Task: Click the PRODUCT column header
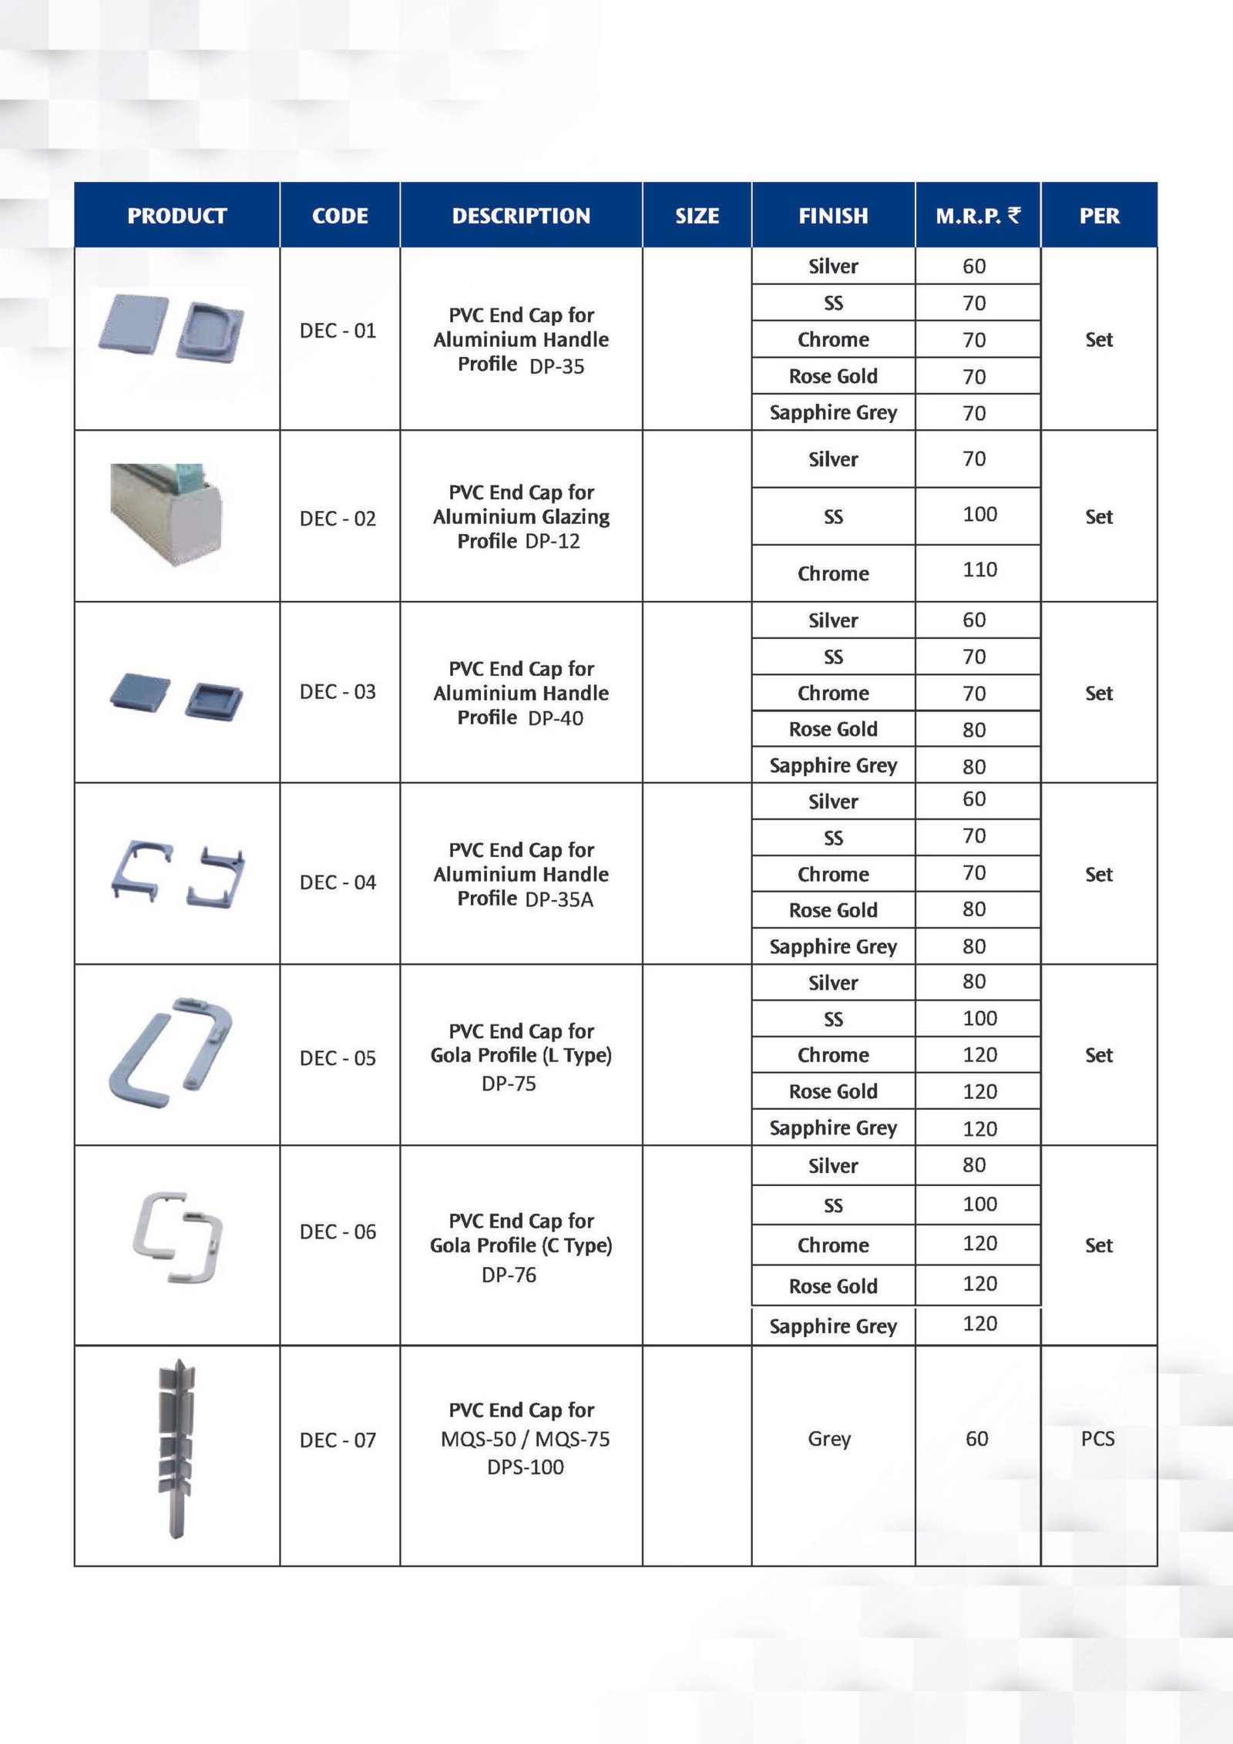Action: coord(176,216)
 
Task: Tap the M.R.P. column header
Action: coord(969,216)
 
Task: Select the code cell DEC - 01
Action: coord(338,331)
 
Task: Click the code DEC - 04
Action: coord(338,882)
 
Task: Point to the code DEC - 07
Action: coord(338,1440)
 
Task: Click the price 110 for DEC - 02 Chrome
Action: coord(979,570)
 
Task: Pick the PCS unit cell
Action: coord(1097,1438)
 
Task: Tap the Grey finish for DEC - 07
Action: coord(829,1438)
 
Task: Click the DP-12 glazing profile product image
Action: coord(166,514)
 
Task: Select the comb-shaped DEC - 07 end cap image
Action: coord(176,1449)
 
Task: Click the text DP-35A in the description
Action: coord(559,899)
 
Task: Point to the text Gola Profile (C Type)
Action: coord(521,1245)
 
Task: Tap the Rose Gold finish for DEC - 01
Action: coord(833,376)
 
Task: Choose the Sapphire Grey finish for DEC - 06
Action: coord(833,1326)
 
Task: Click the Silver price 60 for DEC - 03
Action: coord(974,620)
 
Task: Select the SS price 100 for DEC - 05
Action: coord(979,1018)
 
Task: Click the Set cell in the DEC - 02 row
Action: coord(1099,516)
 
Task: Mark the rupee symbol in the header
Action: coord(1014,215)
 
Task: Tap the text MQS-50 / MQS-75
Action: coord(525,1439)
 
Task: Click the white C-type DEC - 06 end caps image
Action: coord(178,1237)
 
